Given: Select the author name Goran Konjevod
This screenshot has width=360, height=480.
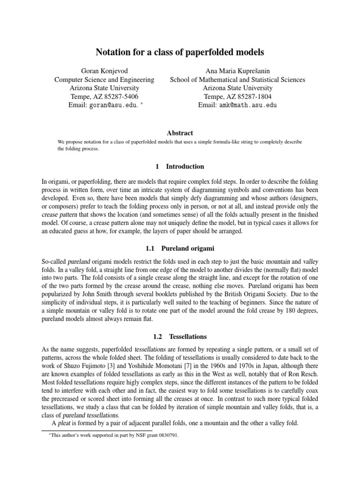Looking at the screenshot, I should (104, 71).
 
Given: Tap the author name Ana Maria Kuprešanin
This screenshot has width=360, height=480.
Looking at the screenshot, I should (237, 71).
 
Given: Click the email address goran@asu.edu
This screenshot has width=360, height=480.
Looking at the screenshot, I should (112, 105).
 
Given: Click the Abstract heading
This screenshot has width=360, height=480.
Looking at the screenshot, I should (180, 133).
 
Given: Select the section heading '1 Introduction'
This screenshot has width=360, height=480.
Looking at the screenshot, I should (180, 166).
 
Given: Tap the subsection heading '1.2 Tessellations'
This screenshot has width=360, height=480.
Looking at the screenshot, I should (180, 337).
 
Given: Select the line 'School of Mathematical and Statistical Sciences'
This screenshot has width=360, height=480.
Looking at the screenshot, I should (237, 80).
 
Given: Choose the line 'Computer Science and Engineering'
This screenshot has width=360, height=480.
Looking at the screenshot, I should (104, 80).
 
